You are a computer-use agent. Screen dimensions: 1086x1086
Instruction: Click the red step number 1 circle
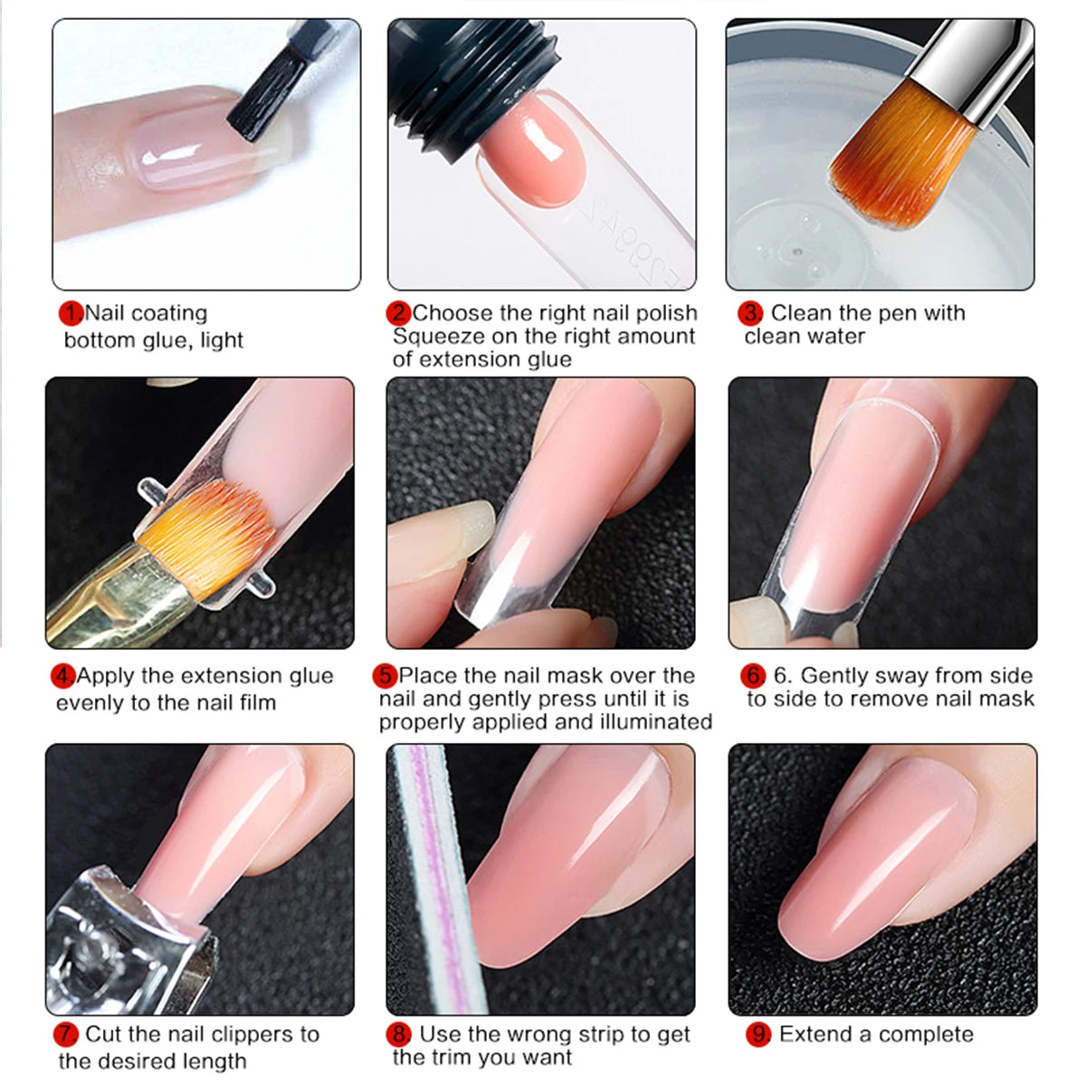click(71, 314)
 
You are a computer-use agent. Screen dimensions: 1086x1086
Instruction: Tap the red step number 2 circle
click(398, 314)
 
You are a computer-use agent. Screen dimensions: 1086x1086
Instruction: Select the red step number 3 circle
click(750, 314)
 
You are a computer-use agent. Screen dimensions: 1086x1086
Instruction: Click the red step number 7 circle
click(66, 1034)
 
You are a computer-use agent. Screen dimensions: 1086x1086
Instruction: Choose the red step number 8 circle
click(399, 1034)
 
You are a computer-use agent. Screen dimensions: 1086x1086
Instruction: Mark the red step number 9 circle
click(758, 1034)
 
